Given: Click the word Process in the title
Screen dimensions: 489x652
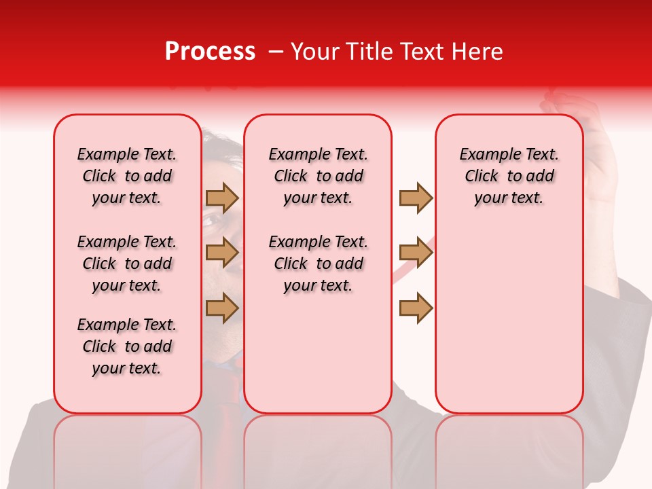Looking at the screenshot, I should (x=210, y=52).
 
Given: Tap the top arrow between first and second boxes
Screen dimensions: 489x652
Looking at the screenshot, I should (x=222, y=198).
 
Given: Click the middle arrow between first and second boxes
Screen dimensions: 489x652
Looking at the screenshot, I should (x=222, y=253).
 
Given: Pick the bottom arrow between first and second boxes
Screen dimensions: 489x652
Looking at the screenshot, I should (x=222, y=308).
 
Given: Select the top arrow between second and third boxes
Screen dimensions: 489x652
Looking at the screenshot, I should (x=415, y=198).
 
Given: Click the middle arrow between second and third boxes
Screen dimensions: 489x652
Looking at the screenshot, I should (x=415, y=253).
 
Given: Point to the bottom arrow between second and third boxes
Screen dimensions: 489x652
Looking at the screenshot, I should (x=415, y=308).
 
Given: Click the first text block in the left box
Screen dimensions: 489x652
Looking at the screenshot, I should (x=127, y=176).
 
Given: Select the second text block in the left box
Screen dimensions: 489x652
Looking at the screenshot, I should (x=127, y=264).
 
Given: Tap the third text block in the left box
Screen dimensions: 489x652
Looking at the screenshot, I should (x=127, y=346).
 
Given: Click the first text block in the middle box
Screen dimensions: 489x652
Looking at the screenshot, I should (x=318, y=176).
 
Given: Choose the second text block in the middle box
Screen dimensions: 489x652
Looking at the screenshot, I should (x=318, y=264).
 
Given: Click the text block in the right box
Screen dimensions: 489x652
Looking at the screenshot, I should (x=509, y=176).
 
